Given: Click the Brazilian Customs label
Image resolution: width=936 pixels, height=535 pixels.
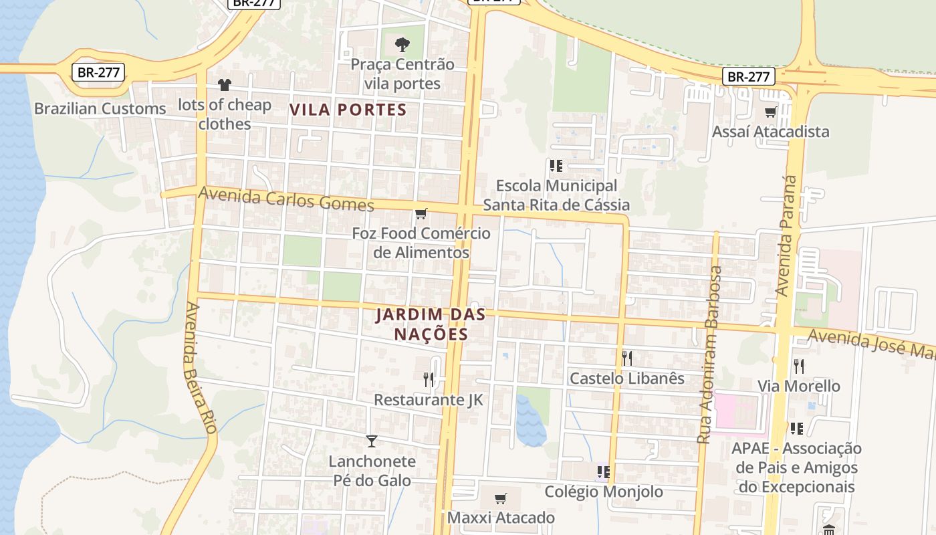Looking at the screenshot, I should click(100, 108).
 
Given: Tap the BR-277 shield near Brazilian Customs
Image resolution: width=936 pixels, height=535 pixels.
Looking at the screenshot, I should click(98, 72).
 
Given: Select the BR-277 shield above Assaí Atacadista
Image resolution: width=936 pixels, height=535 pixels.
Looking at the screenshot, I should click(748, 76).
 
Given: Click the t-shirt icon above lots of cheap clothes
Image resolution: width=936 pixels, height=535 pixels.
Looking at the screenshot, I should click(224, 85).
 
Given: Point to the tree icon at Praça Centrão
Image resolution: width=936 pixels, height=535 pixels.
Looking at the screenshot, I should click(402, 45).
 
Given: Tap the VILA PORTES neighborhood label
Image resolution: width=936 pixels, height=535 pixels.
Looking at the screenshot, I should click(348, 110).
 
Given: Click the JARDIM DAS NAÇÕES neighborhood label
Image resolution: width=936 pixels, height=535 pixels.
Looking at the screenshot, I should click(421, 324).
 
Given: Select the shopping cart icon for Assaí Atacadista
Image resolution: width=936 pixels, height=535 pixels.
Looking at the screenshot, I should click(770, 112).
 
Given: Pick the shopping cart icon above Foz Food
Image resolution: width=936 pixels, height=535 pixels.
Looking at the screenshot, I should click(421, 214).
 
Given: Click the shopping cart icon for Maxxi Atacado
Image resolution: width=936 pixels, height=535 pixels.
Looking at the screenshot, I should click(500, 498).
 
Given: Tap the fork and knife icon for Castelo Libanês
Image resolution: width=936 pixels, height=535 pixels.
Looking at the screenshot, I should click(626, 358).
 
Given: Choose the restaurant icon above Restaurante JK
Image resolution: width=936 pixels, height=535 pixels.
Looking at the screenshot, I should click(429, 380).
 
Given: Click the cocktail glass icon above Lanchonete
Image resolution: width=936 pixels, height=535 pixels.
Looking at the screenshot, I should click(372, 441).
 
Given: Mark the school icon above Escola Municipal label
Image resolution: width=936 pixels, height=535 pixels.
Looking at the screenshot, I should click(556, 165).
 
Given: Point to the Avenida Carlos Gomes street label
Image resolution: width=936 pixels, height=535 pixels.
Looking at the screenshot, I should click(286, 199).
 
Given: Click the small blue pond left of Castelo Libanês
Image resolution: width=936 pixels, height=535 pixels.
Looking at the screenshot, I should click(530, 420).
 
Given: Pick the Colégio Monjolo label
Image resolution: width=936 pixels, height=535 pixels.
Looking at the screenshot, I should click(604, 492).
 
